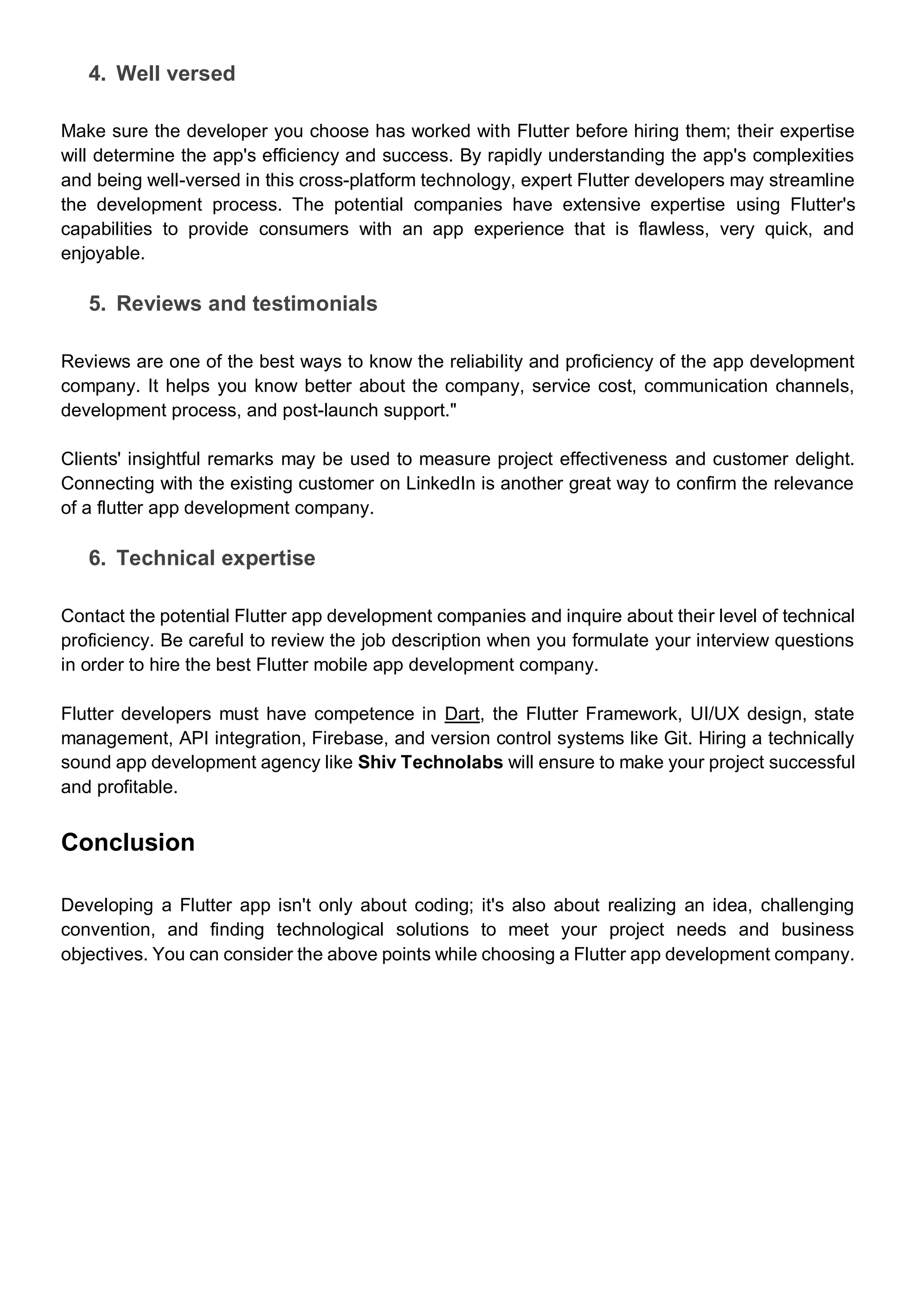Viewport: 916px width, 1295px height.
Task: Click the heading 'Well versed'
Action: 175,74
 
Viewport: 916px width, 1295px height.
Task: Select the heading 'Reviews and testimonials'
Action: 246,304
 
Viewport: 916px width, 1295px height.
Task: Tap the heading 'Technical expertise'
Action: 216,558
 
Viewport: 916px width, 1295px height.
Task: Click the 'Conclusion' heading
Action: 128,843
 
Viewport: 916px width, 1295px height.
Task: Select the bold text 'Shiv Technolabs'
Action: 430,763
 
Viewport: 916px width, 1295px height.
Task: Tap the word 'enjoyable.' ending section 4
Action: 103,254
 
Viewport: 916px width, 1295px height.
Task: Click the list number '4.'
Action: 97,74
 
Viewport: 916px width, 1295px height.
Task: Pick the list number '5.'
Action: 97,304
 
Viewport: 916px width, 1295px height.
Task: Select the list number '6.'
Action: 97,558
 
